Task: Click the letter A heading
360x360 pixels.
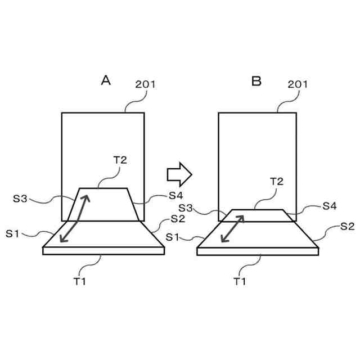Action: point(105,80)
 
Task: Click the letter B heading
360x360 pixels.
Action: point(256,81)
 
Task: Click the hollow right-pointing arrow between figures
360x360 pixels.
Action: point(179,174)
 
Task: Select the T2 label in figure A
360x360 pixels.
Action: point(120,159)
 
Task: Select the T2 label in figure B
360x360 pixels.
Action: point(276,181)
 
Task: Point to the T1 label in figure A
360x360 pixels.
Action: point(80,281)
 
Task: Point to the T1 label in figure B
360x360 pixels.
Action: point(240,281)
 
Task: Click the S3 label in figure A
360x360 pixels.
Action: point(20,198)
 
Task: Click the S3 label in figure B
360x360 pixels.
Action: point(186,209)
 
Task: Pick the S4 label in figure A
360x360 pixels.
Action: point(176,196)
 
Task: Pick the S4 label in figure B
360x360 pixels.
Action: point(330,206)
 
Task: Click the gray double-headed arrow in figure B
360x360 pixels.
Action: point(233,228)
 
